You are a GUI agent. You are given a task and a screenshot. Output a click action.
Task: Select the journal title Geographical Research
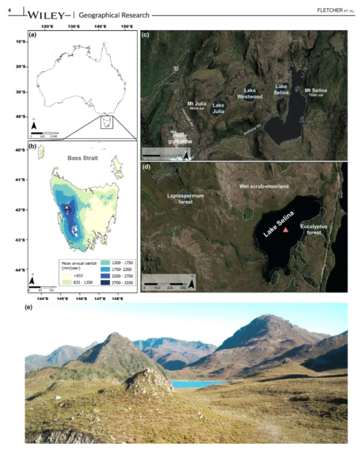click(110, 14)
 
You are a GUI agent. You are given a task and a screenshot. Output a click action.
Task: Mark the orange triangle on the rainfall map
click(66, 207)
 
